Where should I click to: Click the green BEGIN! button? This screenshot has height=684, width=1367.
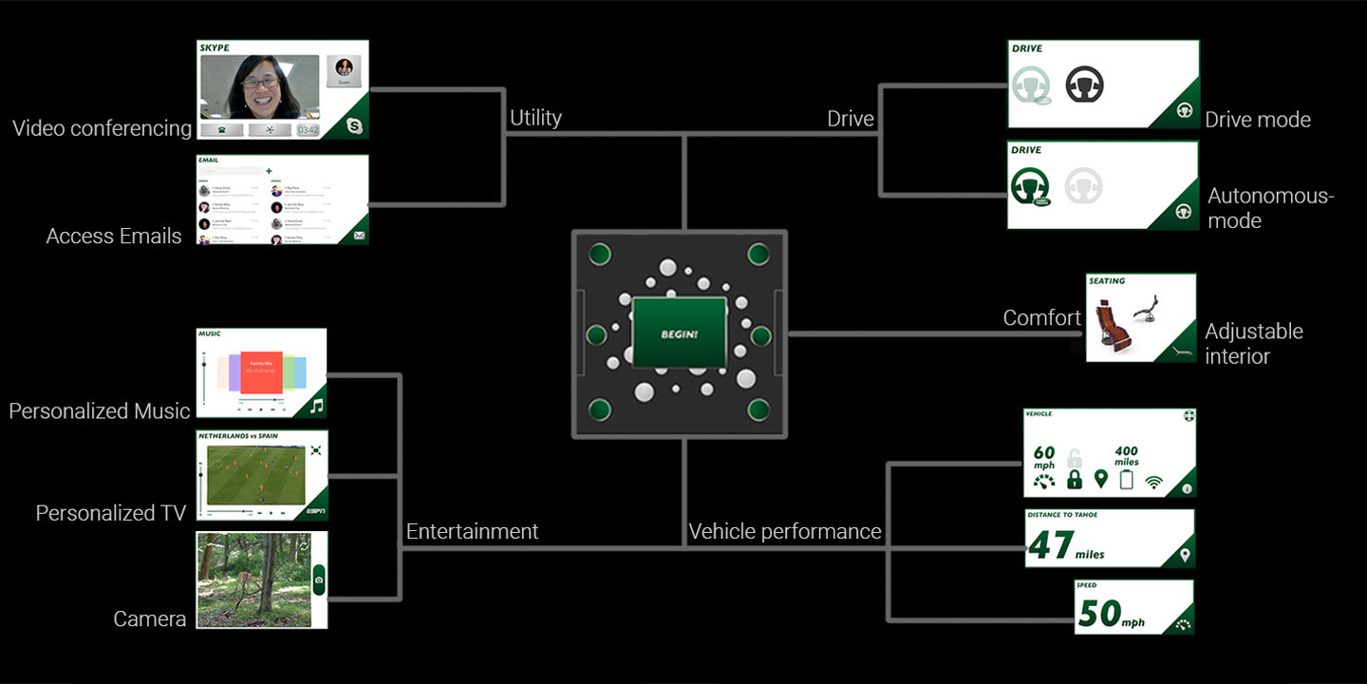[680, 333]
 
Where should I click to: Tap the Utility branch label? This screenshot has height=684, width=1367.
[535, 118]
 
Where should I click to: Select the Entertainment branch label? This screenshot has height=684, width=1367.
[472, 531]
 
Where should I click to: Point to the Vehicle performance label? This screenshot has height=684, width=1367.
[785, 531]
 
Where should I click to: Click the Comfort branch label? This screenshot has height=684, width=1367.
[1041, 318]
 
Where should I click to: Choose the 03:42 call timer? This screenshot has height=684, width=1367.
[308, 129]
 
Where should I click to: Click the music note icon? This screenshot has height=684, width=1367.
[316, 407]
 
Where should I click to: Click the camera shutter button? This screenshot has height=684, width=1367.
[319, 579]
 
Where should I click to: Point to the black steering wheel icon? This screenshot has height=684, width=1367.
[1083, 85]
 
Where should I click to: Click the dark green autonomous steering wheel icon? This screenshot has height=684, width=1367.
[1029, 184]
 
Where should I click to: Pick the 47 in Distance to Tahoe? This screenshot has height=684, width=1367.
[1050, 545]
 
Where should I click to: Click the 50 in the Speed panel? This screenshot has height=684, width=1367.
[1099, 614]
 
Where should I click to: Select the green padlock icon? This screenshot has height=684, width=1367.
[1075, 479]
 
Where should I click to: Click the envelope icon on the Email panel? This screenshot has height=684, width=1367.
[359, 235]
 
